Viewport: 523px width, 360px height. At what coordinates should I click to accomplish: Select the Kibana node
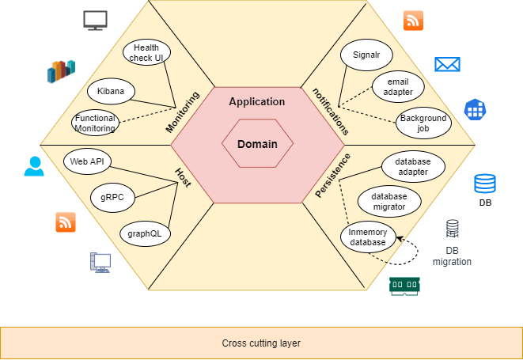[x=111, y=91]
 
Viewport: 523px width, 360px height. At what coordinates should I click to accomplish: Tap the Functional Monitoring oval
[x=95, y=123]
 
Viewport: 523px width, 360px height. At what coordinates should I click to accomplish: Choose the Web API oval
[x=87, y=161]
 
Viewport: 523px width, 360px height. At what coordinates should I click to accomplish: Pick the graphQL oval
[x=145, y=233]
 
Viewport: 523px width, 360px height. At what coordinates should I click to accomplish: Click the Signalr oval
[x=367, y=55]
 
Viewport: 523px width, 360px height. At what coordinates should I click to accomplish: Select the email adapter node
[x=398, y=86]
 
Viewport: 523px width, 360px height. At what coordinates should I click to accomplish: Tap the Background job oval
[x=423, y=123]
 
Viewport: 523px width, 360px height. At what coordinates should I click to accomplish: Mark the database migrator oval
[x=388, y=201]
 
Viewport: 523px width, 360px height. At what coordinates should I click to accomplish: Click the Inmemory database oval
[x=368, y=237]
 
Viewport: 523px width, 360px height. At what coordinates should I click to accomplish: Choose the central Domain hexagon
[x=258, y=144]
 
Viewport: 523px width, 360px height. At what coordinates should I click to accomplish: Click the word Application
[x=256, y=102]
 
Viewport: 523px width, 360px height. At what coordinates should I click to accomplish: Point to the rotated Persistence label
[x=332, y=175]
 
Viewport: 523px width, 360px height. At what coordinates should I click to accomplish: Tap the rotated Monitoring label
[x=182, y=112]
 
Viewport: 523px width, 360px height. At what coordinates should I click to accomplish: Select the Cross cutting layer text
[x=261, y=343]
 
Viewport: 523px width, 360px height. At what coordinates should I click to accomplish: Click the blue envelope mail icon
[x=447, y=64]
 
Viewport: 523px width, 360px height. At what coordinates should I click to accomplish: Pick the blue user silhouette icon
[x=34, y=165]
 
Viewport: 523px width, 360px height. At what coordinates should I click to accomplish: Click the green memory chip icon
[x=404, y=286]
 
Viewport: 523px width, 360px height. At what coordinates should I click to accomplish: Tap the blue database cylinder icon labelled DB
[x=485, y=184]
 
